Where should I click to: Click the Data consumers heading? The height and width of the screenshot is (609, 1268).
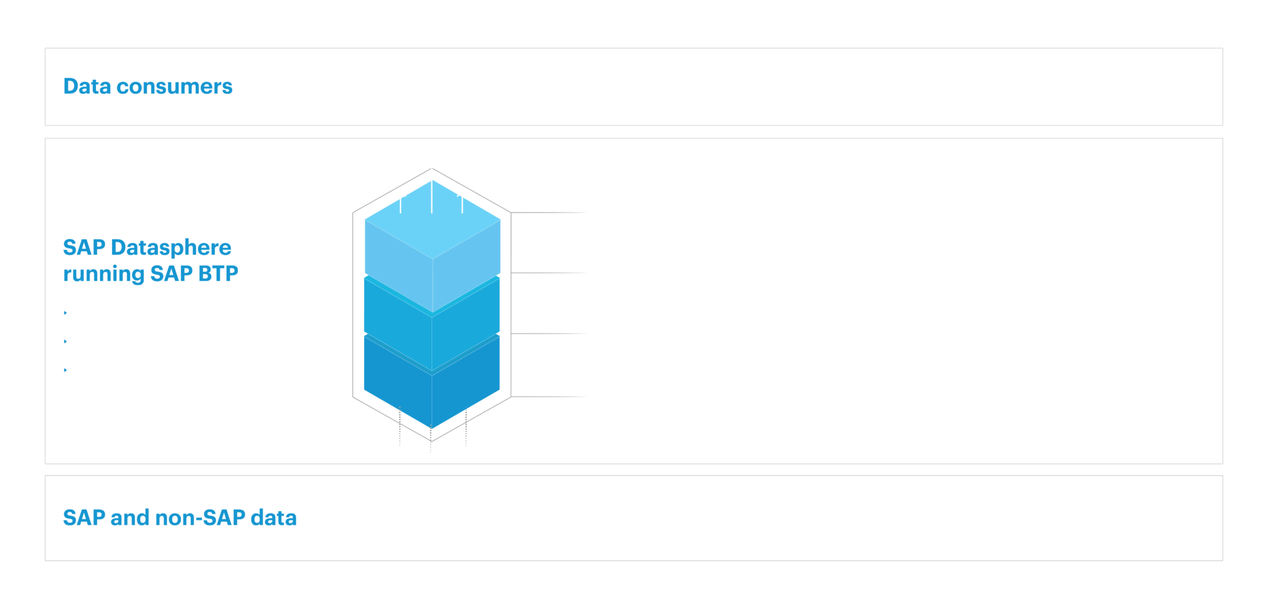click(147, 86)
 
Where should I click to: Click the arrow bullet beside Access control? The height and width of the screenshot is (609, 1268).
click(68, 341)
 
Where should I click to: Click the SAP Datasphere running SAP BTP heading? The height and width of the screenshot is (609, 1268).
click(150, 261)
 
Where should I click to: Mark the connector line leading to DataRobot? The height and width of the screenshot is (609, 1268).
click(550, 397)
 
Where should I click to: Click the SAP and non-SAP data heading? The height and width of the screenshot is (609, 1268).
click(180, 517)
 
